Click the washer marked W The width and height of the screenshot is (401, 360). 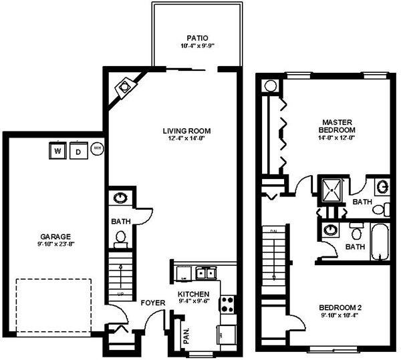click(x=57, y=152)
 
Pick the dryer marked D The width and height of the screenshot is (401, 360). click(x=78, y=152)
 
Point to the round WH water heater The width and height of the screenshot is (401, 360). click(x=97, y=148)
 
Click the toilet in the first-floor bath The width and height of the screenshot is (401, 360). click(x=121, y=237)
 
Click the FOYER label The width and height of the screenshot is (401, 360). click(x=152, y=303)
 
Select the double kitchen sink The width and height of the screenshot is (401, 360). click(x=205, y=273)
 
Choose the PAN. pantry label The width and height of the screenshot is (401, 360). click(x=186, y=335)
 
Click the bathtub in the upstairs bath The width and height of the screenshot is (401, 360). click(x=378, y=244)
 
